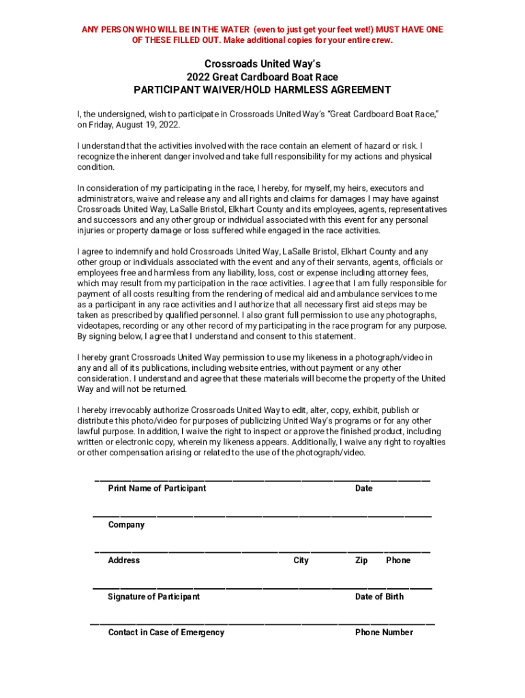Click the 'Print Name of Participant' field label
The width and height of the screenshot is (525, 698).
pos(157,488)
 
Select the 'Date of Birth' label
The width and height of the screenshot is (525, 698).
pos(379,596)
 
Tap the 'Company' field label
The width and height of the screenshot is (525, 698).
pos(126,525)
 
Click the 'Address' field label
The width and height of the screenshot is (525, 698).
pos(123,560)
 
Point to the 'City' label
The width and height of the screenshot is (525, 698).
pos(301,560)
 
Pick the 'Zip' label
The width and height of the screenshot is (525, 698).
pos(361,560)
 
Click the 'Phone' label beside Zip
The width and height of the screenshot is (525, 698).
pos(398,560)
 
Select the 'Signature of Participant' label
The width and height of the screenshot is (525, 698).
pos(154,596)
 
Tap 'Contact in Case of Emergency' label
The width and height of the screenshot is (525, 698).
pos(166,633)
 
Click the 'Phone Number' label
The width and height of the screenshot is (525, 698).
pos(384,633)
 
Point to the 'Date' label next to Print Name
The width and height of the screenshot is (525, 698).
pos(364,488)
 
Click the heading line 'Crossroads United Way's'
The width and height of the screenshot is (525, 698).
pos(262,64)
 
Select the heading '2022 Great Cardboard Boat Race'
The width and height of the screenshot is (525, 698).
pos(262,77)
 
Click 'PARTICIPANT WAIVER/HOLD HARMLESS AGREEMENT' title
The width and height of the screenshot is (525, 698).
pos(262,90)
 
